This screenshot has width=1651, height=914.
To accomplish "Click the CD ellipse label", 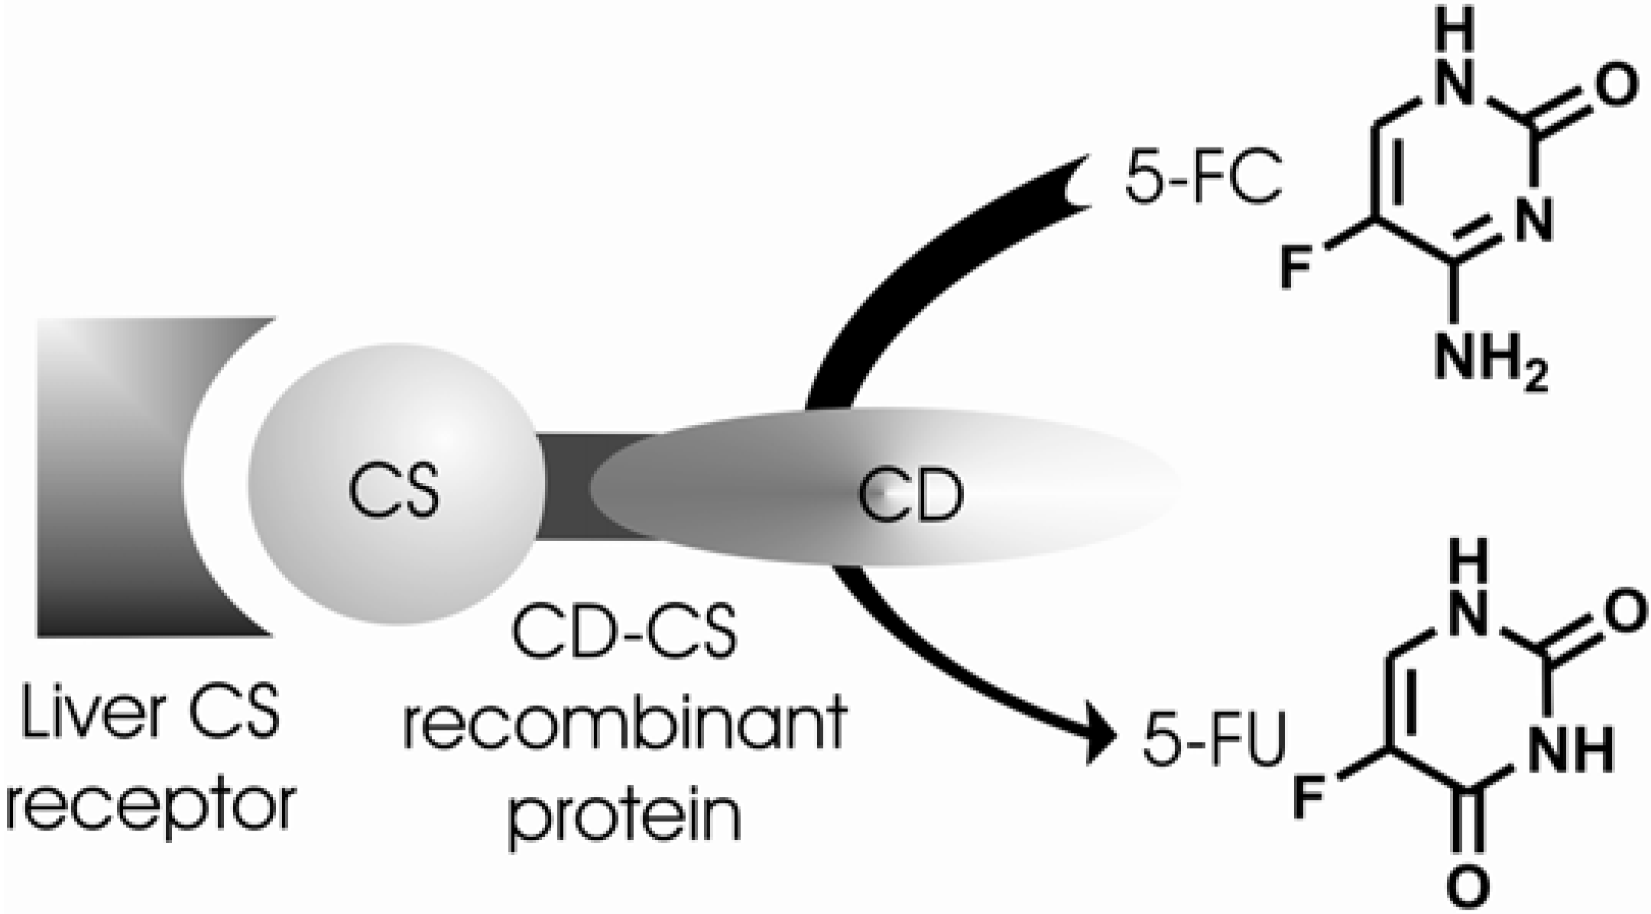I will tap(910, 494).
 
